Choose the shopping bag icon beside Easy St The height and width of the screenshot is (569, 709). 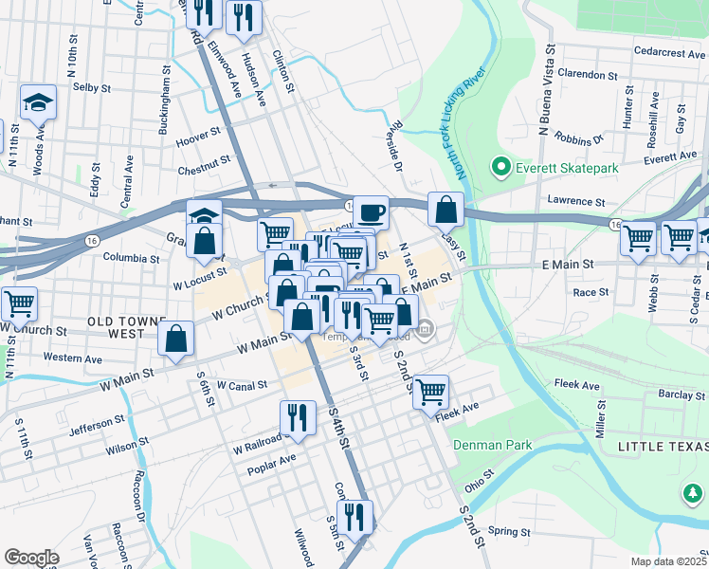pos(445,208)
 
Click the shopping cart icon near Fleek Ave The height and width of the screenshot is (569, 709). pos(430,390)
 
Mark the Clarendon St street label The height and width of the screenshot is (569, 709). pos(588,74)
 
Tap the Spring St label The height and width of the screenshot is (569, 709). pos(510,531)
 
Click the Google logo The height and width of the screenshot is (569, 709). pos(31,558)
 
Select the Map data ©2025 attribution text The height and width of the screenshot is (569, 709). pos(667,561)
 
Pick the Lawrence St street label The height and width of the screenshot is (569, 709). pos(576,201)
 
